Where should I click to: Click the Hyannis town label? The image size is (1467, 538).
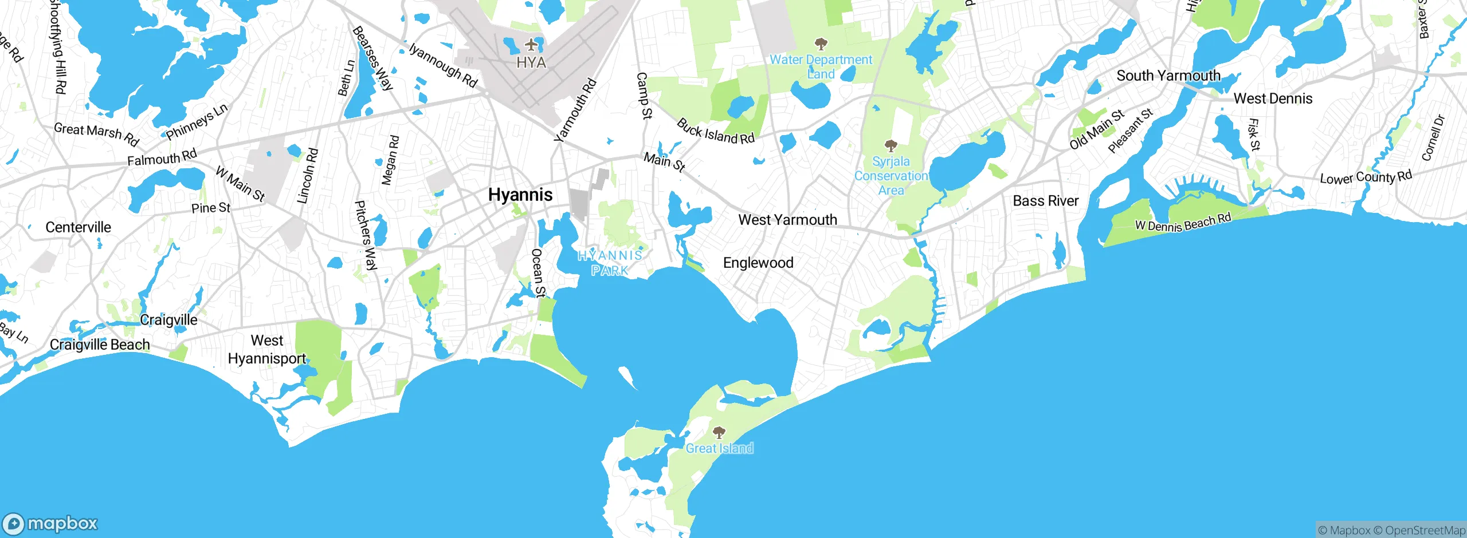click(520, 195)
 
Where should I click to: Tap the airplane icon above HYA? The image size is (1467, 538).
click(532, 44)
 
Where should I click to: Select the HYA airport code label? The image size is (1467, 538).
click(531, 62)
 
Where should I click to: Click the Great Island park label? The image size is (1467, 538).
click(719, 448)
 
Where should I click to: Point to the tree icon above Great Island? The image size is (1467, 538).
click(719, 433)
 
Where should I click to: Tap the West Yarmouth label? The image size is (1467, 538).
click(787, 220)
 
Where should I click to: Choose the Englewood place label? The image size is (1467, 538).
click(758, 263)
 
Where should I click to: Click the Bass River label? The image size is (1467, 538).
click(1045, 201)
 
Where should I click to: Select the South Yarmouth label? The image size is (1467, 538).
click(1168, 76)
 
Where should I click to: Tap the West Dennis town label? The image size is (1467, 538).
click(1273, 98)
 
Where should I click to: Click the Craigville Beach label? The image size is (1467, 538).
click(100, 345)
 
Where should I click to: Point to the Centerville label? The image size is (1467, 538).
click(79, 227)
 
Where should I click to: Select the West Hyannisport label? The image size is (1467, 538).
click(267, 349)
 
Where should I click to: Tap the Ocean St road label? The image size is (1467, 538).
click(538, 272)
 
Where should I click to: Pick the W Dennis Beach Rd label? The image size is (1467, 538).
click(1183, 222)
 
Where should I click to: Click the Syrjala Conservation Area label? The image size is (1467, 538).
click(891, 176)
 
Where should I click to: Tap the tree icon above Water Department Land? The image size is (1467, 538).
click(821, 44)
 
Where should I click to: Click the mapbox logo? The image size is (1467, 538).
click(50, 523)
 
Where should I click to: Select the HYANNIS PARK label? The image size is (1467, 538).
click(610, 263)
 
